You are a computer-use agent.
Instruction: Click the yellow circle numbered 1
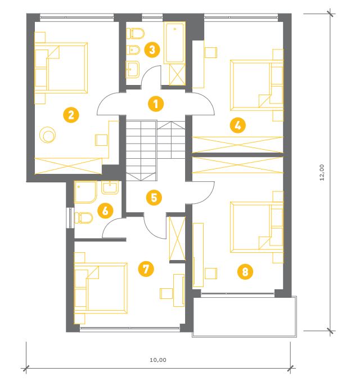[156, 104]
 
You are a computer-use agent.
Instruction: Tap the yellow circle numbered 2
[71, 115]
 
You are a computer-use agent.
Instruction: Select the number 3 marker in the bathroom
[152, 50]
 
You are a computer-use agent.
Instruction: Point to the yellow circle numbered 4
[237, 126]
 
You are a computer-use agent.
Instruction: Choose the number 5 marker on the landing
[154, 198]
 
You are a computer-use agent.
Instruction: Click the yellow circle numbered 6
[105, 211]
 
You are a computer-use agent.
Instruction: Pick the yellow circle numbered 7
[146, 268]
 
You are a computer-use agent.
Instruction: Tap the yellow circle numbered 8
[245, 271]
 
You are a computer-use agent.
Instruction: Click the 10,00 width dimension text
[158, 360]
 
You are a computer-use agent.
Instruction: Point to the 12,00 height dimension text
[322, 172]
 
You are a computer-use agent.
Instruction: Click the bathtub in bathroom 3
[175, 42]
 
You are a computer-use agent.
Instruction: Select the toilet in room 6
[83, 218]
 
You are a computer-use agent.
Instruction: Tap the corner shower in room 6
[85, 192]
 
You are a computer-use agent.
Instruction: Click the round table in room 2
[48, 135]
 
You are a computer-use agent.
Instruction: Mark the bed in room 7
[101, 288]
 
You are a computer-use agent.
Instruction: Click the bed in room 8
[256, 227]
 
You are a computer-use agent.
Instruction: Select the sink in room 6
[110, 187]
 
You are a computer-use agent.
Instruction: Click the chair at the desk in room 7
[166, 293]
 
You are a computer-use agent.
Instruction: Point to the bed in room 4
[256, 85]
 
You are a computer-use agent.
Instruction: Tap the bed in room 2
[61, 68]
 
